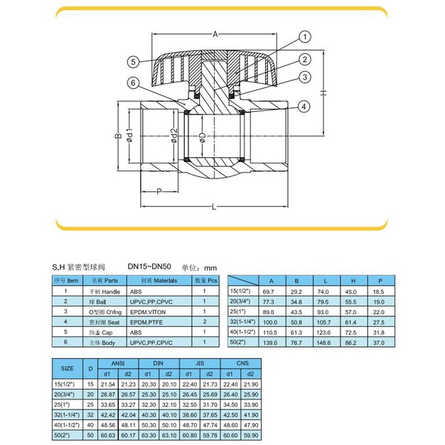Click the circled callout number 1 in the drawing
[x=304, y=36]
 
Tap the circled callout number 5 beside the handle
[x=133, y=60]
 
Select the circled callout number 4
[x=303, y=107]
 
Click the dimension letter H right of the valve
[x=322, y=93]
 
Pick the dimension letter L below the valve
[x=213, y=206]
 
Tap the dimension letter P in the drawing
[x=159, y=191]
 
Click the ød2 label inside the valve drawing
[x=173, y=136]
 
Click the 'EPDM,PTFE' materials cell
[x=148, y=321]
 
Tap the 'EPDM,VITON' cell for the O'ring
[x=149, y=311]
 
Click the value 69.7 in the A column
[x=269, y=291]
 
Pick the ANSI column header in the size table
[x=119, y=363]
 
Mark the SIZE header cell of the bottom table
[x=68, y=368]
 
